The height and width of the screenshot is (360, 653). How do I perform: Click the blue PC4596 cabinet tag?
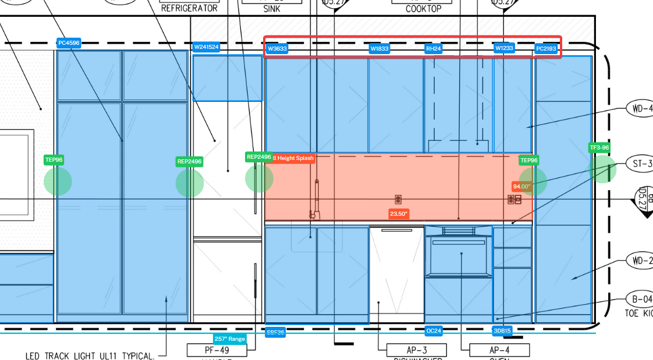(x=69, y=42)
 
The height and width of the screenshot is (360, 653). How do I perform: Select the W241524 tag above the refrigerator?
(x=207, y=47)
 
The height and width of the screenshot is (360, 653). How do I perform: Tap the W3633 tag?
(x=277, y=49)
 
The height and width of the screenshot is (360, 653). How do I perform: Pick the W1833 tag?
(x=379, y=49)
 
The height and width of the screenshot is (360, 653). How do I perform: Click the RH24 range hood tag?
(x=433, y=49)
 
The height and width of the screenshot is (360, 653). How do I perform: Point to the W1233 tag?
(x=504, y=48)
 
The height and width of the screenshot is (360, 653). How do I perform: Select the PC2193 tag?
(x=546, y=49)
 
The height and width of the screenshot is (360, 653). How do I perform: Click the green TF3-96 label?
(x=599, y=148)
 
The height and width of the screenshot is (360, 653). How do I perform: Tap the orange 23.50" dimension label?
(x=399, y=214)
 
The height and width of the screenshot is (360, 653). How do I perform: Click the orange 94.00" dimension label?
(x=521, y=187)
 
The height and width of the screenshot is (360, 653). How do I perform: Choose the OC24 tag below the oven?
(x=434, y=331)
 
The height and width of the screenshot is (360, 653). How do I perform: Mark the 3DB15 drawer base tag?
(x=502, y=331)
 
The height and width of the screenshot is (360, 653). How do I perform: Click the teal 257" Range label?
(x=230, y=338)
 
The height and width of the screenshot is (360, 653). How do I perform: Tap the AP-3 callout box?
(x=417, y=350)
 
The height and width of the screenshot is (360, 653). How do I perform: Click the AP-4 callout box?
(x=499, y=350)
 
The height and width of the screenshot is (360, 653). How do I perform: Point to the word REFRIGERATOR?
(x=189, y=8)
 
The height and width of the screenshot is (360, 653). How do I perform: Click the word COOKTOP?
(x=424, y=9)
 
